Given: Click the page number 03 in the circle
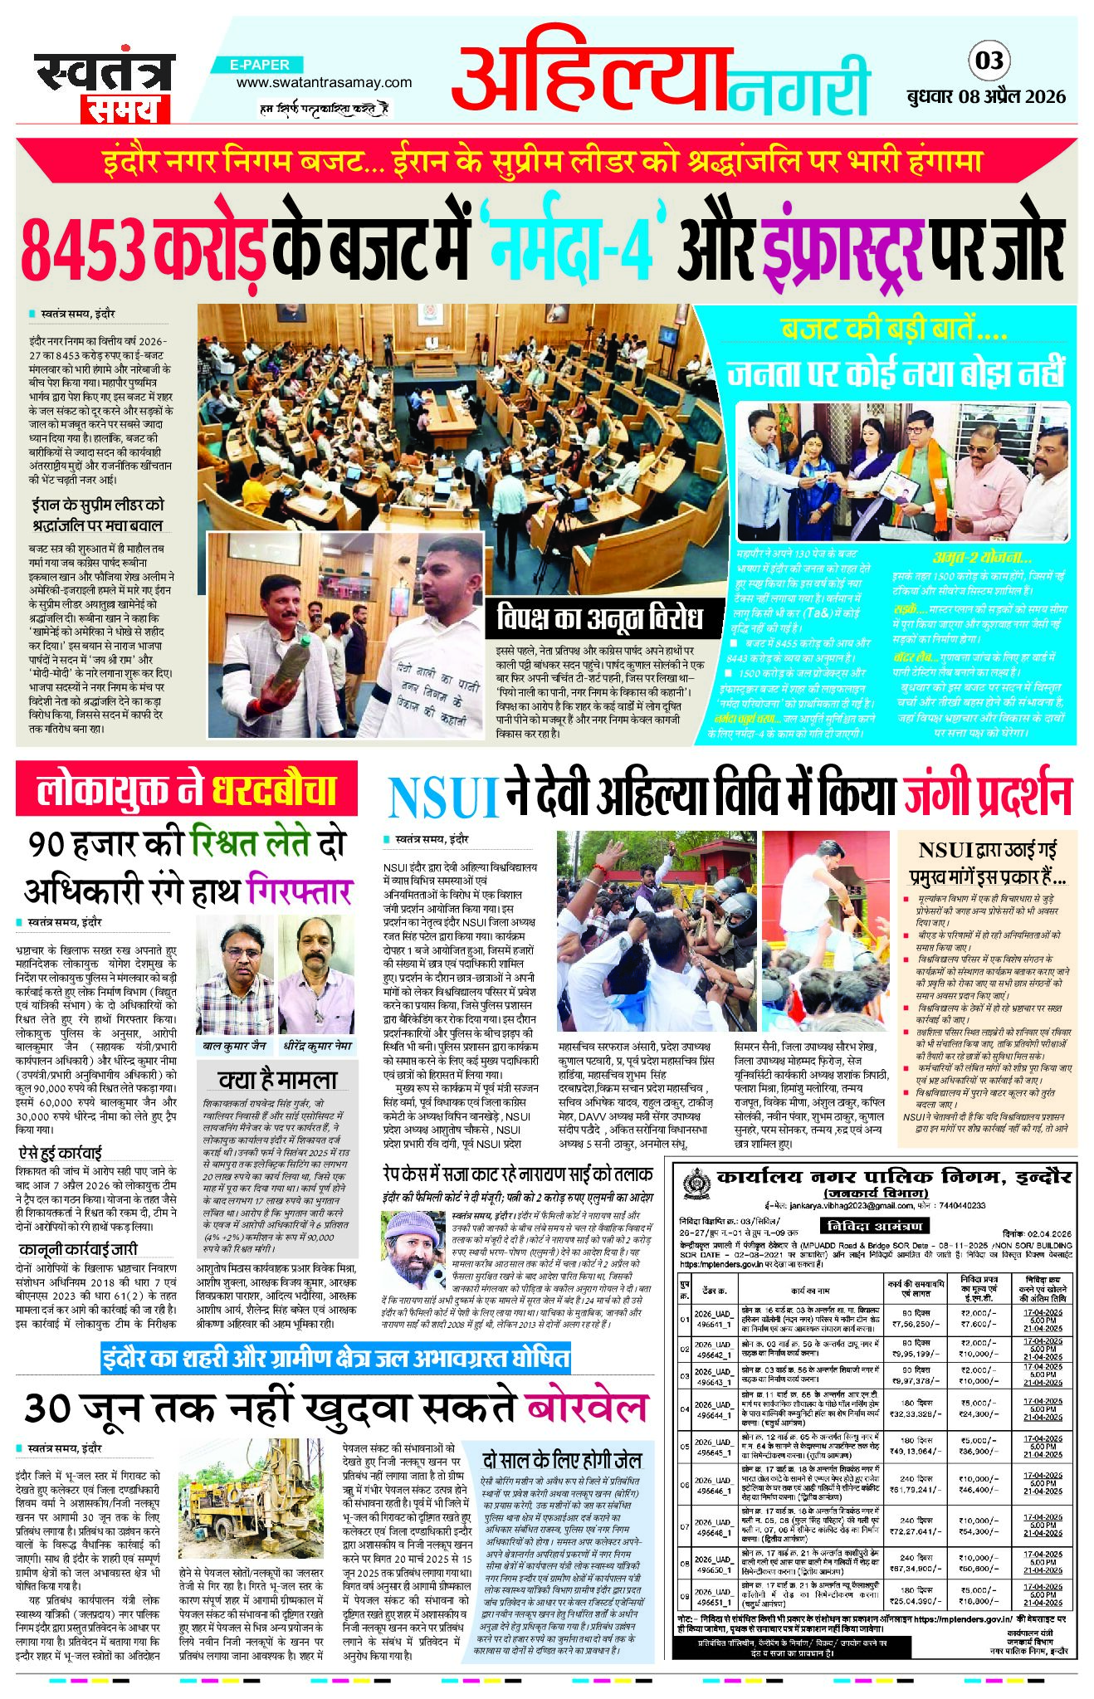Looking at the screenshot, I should coord(989,61).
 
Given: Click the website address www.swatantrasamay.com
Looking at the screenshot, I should coord(324,82).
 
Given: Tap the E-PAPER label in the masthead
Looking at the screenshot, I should coord(261,65).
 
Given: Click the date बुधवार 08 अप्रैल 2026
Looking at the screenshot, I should coord(985,96).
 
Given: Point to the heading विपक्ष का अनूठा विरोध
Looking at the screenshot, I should coord(598,617).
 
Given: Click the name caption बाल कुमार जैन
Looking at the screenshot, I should coord(235,1047).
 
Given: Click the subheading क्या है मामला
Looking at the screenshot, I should coord(277,1079).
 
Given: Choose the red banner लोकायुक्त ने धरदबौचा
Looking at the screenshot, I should coord(187,789).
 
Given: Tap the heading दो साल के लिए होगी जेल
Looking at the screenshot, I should coord(562,1460).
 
